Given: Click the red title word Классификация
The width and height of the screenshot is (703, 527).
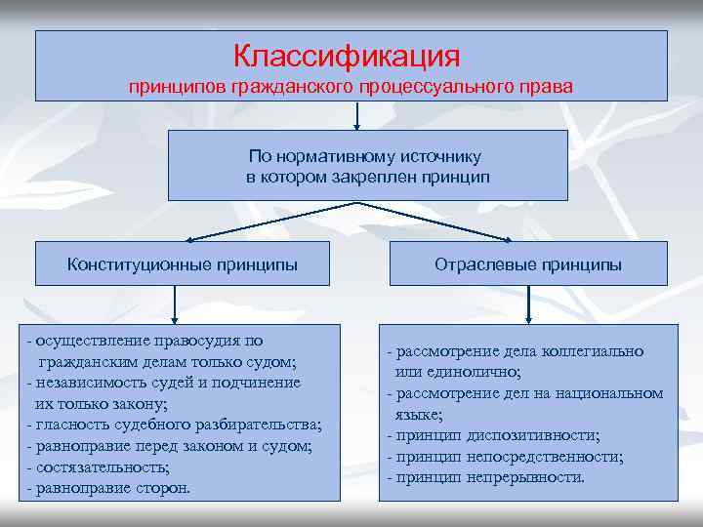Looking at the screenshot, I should pos(347,55).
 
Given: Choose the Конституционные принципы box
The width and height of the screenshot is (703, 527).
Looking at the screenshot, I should pos(183,263).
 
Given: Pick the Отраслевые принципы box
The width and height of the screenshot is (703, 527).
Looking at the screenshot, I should pos(528,264).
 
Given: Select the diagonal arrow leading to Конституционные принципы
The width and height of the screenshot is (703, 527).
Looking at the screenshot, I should pos(273,222).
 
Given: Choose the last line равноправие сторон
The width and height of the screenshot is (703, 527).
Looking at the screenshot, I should pos(113,487).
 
